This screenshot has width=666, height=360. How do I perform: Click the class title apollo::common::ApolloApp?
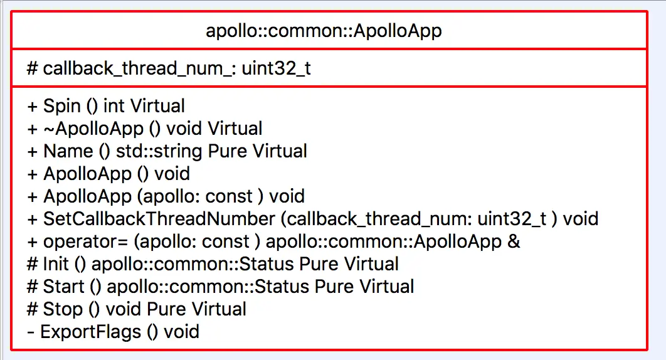324,31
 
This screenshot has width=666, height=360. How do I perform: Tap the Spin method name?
61,107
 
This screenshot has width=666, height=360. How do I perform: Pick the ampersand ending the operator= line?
514,241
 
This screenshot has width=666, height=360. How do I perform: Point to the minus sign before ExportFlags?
31,332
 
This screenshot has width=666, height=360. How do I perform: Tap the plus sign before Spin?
33,107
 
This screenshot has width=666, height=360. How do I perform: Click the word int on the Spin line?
114,107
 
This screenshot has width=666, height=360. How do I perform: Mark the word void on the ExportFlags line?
181,332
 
